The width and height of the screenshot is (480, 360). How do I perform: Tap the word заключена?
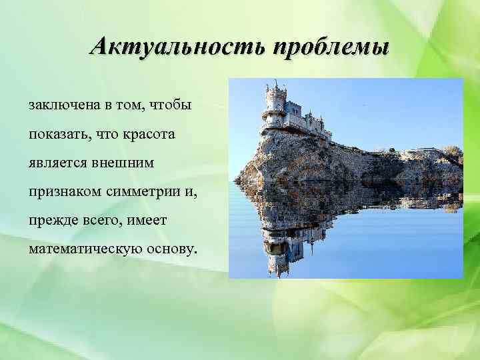point(61,106)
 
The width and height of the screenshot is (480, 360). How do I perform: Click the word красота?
point(149,135)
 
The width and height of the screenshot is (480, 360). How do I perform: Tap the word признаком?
point(62,193)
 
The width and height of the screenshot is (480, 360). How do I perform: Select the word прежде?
point(51,221)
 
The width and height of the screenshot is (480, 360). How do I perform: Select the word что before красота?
point(108,135)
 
